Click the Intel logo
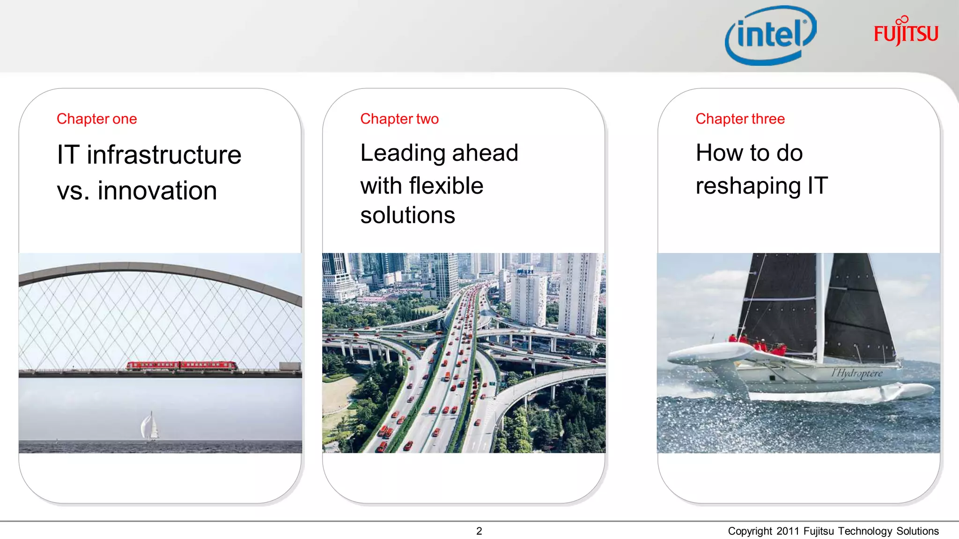click(x=770, y=35)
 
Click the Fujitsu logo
click(x=906, y=32)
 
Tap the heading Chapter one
click(x=96, y=119)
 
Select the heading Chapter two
click(x=399, y=119)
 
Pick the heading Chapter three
click(x=740, y=119)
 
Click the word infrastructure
click(x=164, y=155)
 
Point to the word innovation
click(x=157, y=191)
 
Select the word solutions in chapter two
click(x=407, y=215)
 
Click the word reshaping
click(x=748, y=186)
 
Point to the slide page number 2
click(x=479, y=531)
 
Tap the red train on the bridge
click(x=181, y=365)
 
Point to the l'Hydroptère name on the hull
click(x=856, y=373)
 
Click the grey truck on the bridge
click(x=290, y=366)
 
